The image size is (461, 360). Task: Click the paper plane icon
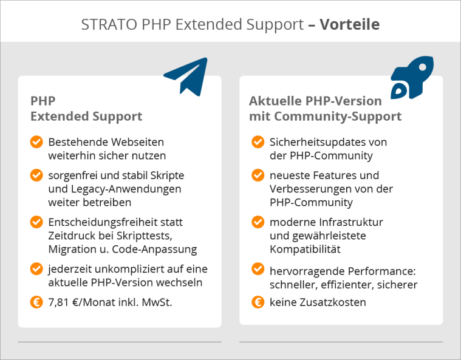[187, 76]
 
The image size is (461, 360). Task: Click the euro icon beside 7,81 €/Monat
[36, 302]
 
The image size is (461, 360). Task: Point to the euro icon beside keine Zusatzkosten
[258, 302]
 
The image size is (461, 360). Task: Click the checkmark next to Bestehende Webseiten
[36, 142]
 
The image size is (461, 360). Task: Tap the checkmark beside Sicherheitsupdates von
[258, 142]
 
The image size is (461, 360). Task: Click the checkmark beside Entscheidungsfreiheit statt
[36, 222]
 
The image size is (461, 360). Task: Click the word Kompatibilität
[305, 249]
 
